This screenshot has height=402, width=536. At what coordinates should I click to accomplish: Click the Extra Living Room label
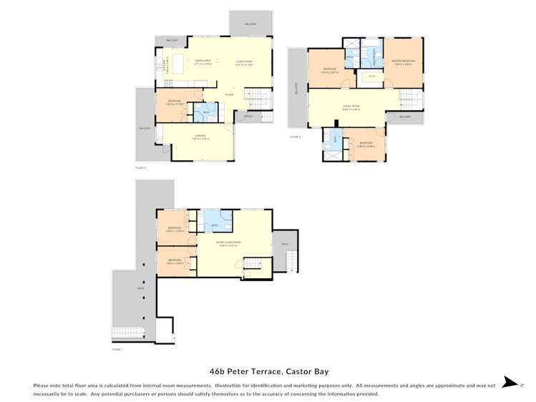(x=229, y=243)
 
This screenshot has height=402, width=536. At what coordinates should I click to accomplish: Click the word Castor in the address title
(x=298, y=371)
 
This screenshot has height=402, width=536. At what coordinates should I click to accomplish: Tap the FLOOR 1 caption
(x=117, y=350)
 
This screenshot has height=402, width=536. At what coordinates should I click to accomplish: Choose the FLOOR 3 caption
(x=295, y=136)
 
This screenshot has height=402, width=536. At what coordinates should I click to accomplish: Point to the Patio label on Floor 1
(x=284, y=243)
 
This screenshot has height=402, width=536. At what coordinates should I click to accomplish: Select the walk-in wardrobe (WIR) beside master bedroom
(x=371, y=75)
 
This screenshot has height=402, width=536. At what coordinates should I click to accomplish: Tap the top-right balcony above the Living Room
(x=250, y=23)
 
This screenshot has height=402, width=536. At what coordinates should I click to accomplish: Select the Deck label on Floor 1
(x=121, y=289)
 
